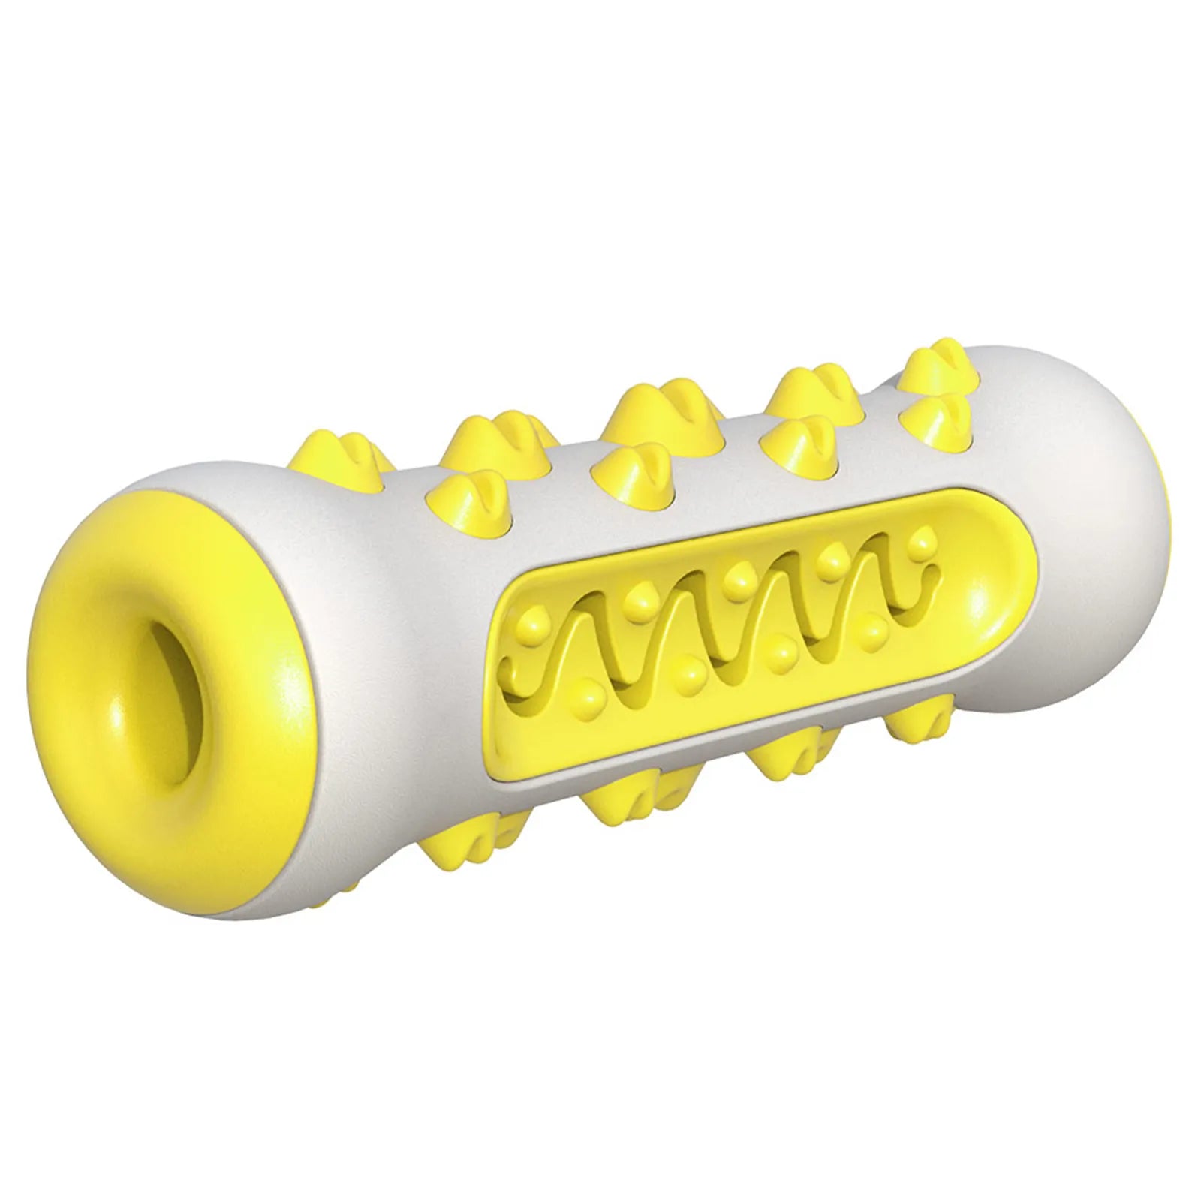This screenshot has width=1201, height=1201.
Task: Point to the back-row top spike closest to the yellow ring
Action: pos(353,458)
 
